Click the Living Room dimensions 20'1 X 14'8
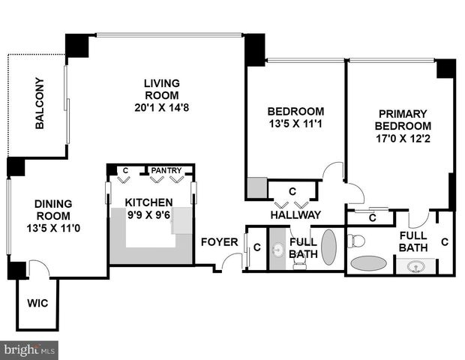[x=161, y=108]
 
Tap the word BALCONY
[x=40, y=103]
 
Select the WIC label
[x=37, y=303]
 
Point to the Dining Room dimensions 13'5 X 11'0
[x=53, y=228]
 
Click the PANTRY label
[x=166, y=170]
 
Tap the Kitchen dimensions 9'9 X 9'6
[x=148, y=215]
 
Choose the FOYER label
[x=220, y=242]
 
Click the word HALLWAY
[x=295, y=214]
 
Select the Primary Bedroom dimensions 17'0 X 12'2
[x=403, y=139]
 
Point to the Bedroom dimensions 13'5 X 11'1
[x=295, y=124]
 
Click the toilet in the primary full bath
[x=355, y=240]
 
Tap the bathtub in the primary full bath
[x=368, y=262]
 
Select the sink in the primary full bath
[x=415, y=267]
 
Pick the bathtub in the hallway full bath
[x=329, y=247]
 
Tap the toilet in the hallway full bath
[x=299, y=262]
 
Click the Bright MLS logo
[x=29, y=350]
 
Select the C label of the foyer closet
[x=257, y=247]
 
